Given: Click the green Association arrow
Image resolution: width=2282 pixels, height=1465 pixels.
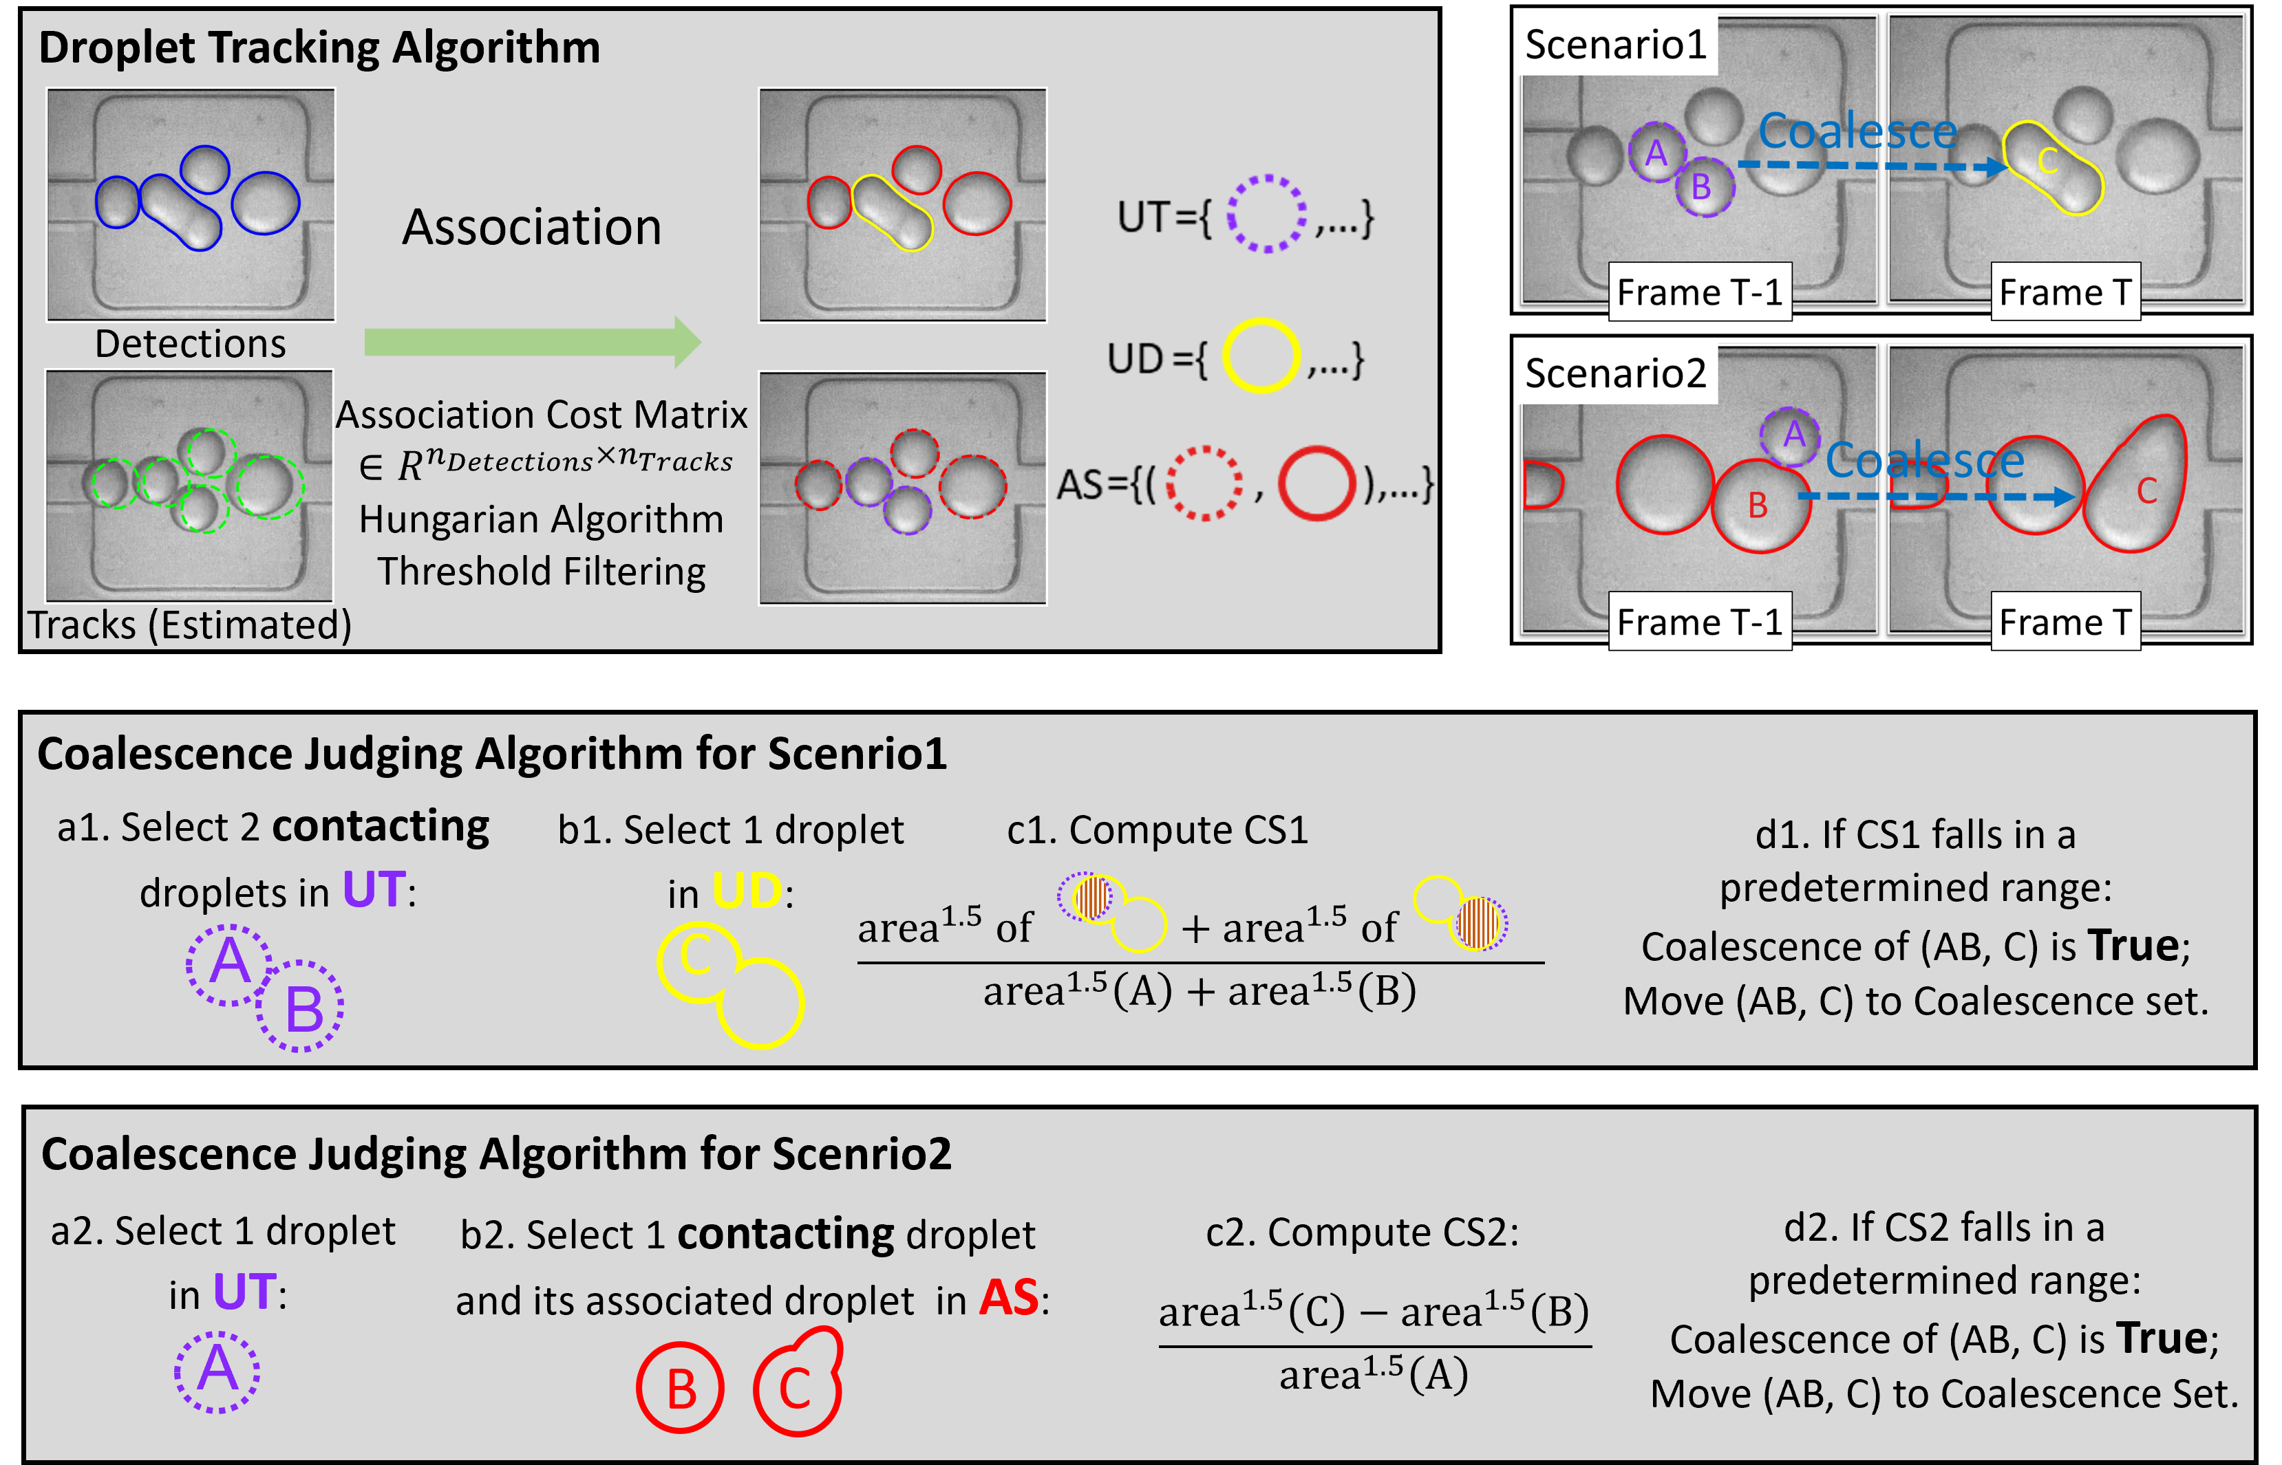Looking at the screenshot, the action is click(533, 342).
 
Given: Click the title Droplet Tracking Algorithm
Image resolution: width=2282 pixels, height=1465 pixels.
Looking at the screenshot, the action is click(320, 47).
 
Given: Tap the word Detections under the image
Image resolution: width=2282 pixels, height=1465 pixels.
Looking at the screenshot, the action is click(191, 343).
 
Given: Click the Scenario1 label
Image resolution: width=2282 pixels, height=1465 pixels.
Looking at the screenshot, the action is click(1616, 45).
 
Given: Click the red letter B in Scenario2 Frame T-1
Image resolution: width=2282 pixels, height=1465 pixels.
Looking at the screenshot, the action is click(1758, 505).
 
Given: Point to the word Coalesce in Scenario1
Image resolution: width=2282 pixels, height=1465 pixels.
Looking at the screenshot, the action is click(1857, 131).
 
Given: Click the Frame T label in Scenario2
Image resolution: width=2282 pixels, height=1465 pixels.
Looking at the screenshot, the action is click(2065, 622).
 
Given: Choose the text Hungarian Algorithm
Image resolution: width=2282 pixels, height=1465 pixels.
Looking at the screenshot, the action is click(542, 519).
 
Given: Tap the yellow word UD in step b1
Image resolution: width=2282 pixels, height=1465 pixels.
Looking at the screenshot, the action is click(747, 891).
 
